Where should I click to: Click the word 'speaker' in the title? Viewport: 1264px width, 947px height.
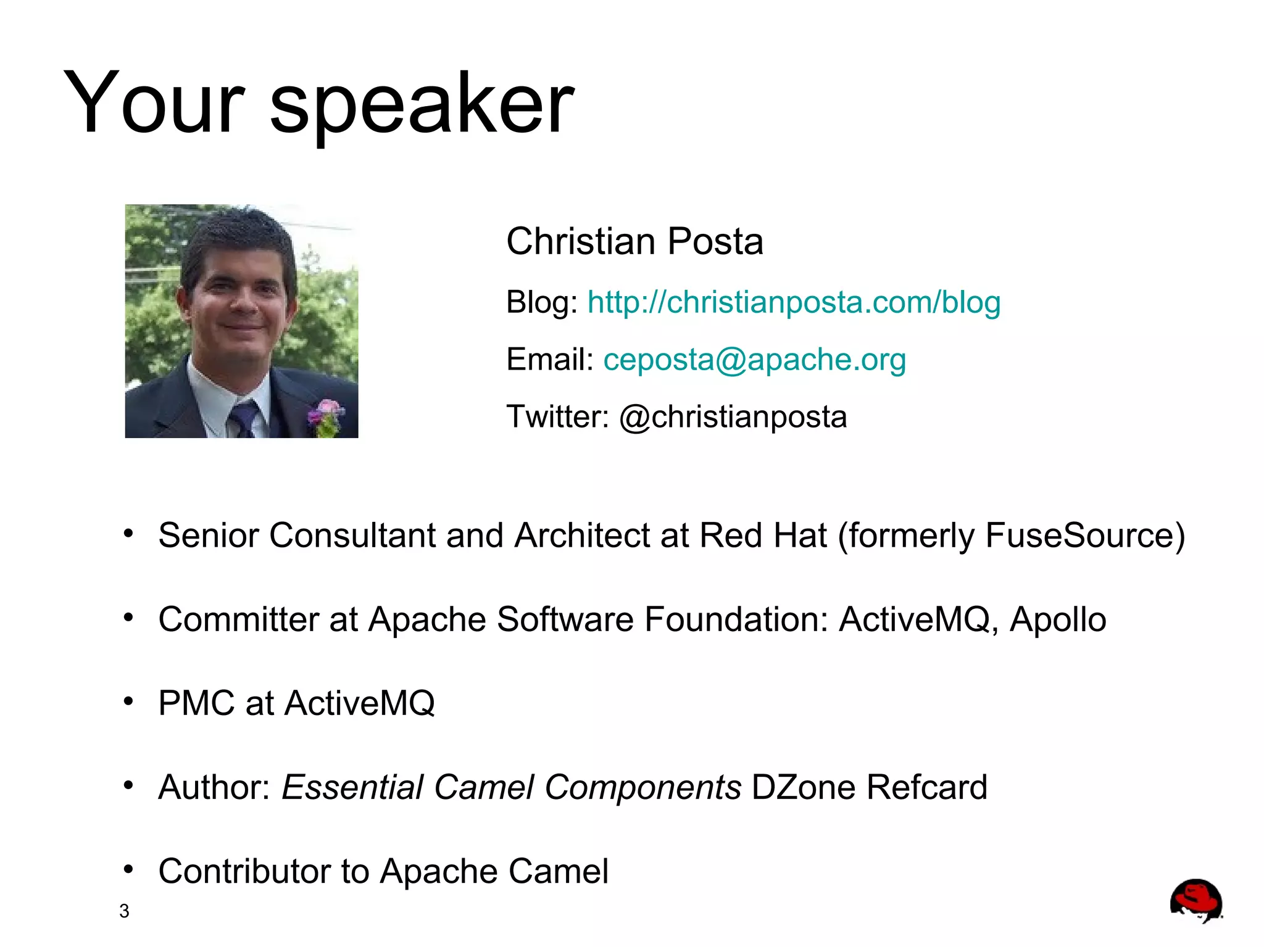pos(422,105)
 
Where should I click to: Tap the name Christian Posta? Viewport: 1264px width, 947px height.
pos(634,241)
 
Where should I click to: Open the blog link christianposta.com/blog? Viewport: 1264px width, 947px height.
pos(794,302)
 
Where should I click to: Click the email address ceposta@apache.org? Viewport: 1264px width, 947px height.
pos(754,360)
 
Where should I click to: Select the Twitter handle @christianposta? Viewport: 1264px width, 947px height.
pos(733,417)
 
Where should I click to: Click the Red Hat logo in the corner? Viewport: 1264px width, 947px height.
pos(1195,901)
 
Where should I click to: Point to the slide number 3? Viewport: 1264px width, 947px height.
pos(124,911)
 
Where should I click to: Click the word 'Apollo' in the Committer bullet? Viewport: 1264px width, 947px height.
pos(1058,619)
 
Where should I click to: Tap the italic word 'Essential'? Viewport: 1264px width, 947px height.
pos(352,787)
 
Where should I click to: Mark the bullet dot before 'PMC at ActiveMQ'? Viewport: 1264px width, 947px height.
pos(128,701)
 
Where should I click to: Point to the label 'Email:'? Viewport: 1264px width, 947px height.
pos(549,360)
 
